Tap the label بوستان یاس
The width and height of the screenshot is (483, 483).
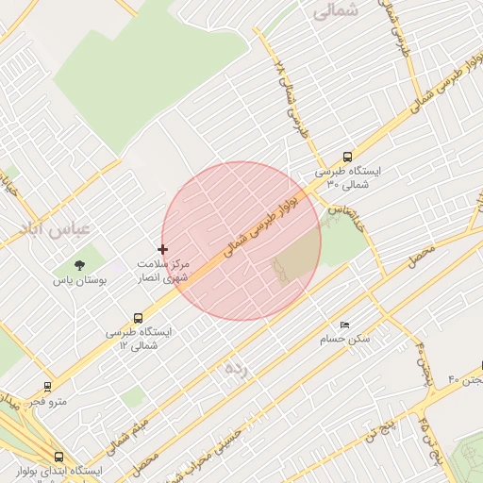(79, 281)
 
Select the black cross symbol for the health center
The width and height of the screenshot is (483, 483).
(163, 250)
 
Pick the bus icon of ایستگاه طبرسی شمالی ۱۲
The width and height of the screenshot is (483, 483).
(139, 318)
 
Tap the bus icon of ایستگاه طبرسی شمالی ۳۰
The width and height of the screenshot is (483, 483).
(348, 158)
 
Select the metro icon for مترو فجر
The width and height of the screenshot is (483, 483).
(48, 386)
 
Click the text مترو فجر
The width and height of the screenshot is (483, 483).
(47, 402)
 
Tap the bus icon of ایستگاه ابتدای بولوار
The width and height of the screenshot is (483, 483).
(59, 457)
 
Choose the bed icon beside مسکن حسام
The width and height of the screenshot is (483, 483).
(344, 325)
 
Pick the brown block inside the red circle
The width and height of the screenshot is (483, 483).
(296, 257)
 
